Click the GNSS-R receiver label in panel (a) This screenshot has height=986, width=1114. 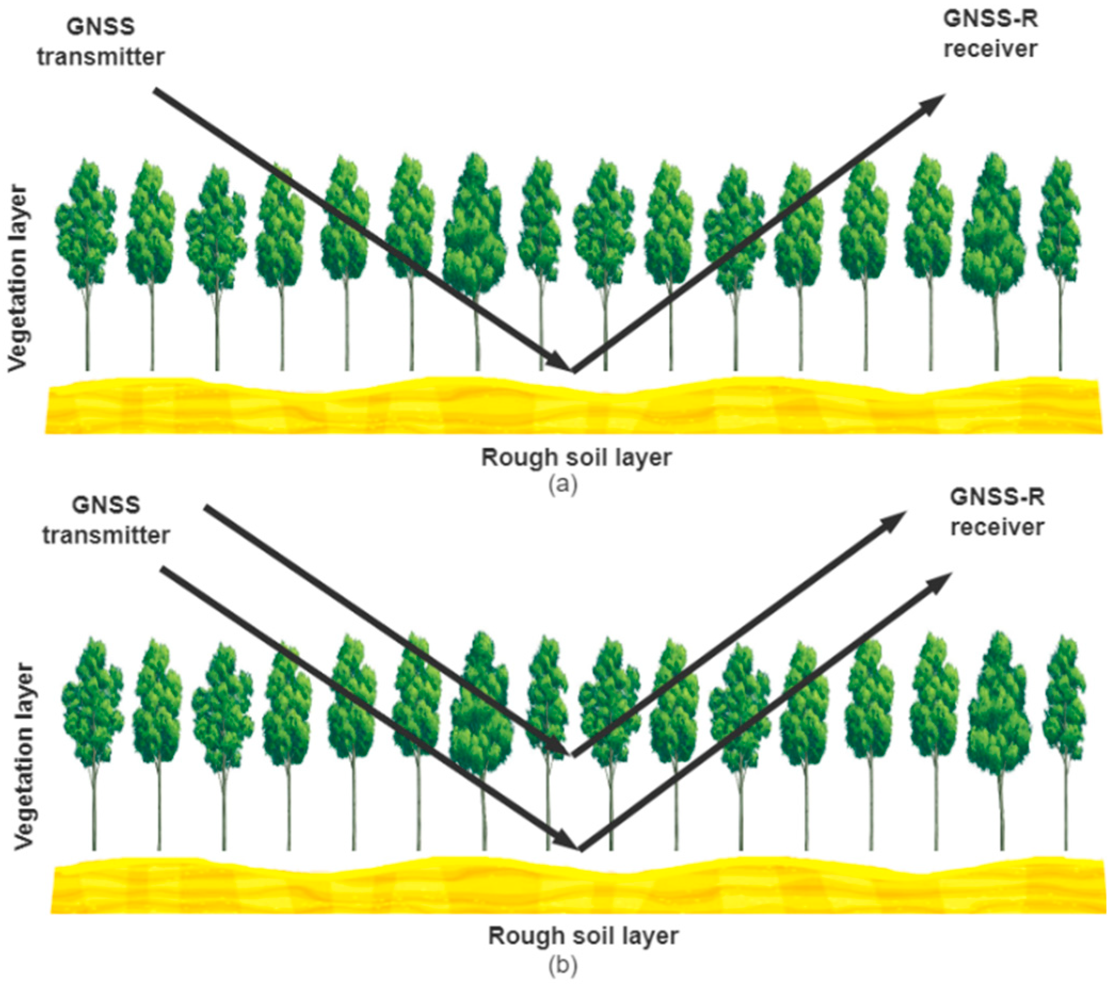click(x=990, y=34)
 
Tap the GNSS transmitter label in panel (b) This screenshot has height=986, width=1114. click(x=106, y=520)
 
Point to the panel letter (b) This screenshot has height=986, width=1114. click(x=562, y=965)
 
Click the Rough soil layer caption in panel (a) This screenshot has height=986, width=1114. click(x=576, y=458)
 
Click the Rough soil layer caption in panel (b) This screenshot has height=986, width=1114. click(x=583, y=936)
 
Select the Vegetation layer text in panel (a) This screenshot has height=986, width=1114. click(x=18, y=279)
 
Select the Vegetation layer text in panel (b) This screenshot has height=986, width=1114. click(x=24, y=756)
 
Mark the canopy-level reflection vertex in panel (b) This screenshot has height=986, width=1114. click(x=572, y=756)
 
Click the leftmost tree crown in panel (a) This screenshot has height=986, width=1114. click(x=86, y=223)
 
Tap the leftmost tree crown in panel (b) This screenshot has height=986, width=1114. click(x=93, y=703)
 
